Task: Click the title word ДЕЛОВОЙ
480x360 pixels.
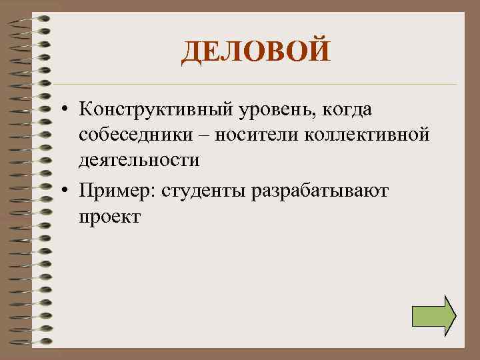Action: [255, 51]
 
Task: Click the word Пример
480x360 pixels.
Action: [115, 191]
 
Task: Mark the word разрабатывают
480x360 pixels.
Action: [324, 191]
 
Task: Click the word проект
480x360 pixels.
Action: [109, 217]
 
